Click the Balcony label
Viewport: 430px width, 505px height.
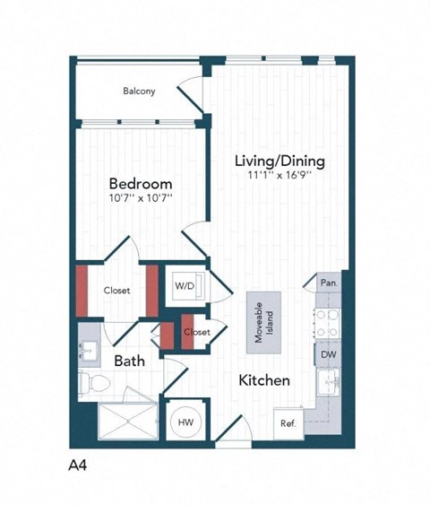pyautogui.click(x=139, y=91)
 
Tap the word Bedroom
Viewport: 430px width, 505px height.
pyautogui.click(x=141, y=184)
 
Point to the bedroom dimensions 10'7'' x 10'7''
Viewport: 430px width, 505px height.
pyautogui.click(x=141, y=199)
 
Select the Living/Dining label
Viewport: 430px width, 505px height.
pyautogui.click(x=279, y=161)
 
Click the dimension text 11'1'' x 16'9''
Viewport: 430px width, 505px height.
pyautogui.click(x=279, y=176)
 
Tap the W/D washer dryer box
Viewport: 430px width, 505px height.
pyautogui.click(x=187, y=286)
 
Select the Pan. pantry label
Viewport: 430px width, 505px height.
pyautogui.click(x=328, y=282)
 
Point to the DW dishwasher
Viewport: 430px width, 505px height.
pyautogui.click(x=328, y=355)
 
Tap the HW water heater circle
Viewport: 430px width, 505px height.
pyautogui.click(x=186, y=421)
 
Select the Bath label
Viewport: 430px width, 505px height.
pyautogui.click(x=129, y=361)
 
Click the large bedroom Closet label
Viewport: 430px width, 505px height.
pyautogui.click(x=116, y=291)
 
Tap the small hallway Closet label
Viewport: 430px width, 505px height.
pyautogui.click(x=196, y=332)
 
